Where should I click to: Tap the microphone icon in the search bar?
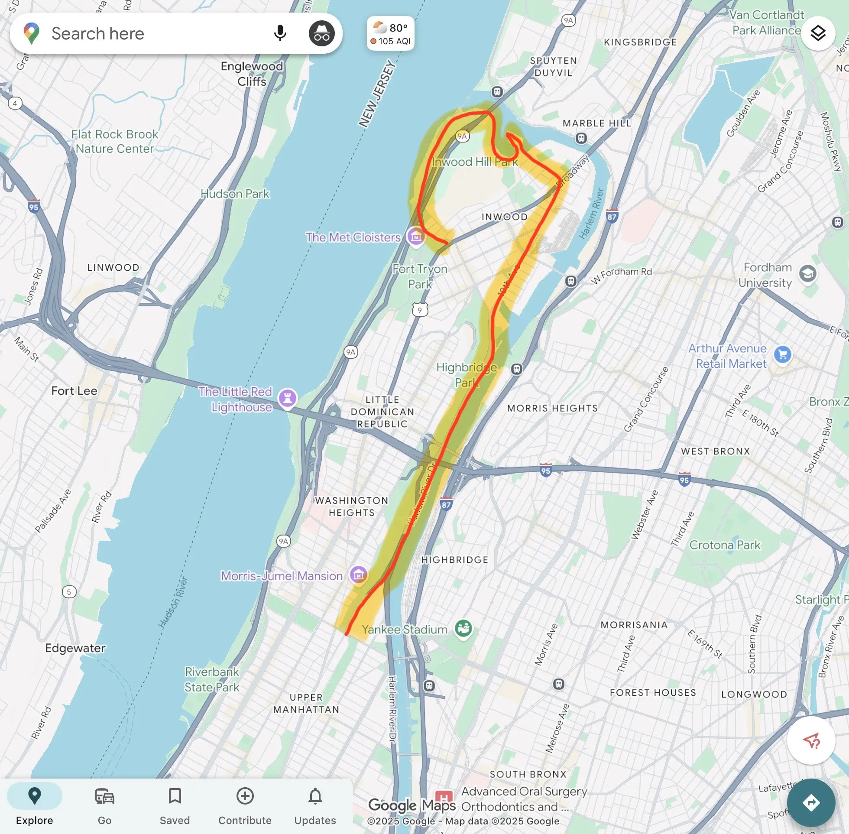(x=280, y=33)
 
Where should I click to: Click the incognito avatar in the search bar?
(x=321, y=33)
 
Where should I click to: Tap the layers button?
(x=817, y=33)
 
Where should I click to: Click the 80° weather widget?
(x=391, y=34)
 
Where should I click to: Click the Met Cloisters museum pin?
(x=415, y=237)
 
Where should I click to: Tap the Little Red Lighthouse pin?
(x=288, y=398)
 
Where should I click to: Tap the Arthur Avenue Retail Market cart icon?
(x=782, y=354)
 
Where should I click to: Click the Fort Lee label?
(x=74, y=391)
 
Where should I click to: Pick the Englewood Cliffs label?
(x=252, y=74)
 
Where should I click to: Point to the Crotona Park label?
(x=725, y=545)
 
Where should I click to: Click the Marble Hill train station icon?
(x=581, y=138)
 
